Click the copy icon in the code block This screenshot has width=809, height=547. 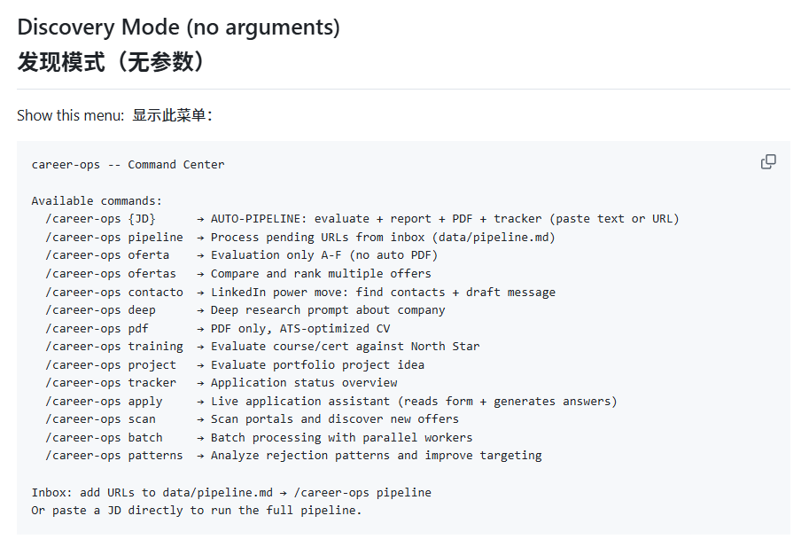pyautogui.click(x=768, y=162)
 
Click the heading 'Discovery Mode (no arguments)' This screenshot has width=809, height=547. pyautogui.click(x=178, y=27)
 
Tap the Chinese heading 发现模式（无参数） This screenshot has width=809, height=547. pyautogui.click(x=110, y=62)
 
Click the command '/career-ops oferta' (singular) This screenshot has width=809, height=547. pyautogui.click(x=107, y=255)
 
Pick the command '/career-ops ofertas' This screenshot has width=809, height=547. pyautogui.click(x=111, y=273)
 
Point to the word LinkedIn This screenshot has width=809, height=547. pyautogui.click(x=238, y=292)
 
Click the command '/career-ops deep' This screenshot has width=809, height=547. pyautogui.click(x=101, y=310)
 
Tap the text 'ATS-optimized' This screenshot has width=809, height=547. pyautogui.click(x=324, y=329)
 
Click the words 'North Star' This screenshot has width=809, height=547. pyautogui.click(x=445, y=347)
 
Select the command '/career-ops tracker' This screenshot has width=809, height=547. pyautogui.click(x=111, y=383)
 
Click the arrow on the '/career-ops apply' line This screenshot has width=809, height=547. pyautogui.click(x=200, y=402)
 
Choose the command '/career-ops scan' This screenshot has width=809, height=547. pyautogui.click(x=101, y=419)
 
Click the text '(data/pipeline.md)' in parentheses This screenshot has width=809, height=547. pyautogui.click(x=494, y=238)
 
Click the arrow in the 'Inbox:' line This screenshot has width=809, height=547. pyautogui.click(x=284, y=493)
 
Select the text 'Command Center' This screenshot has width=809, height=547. pyautogui.click(x=176, y=165)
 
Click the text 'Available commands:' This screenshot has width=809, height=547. pyautogui.click(x=97, y=200)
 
